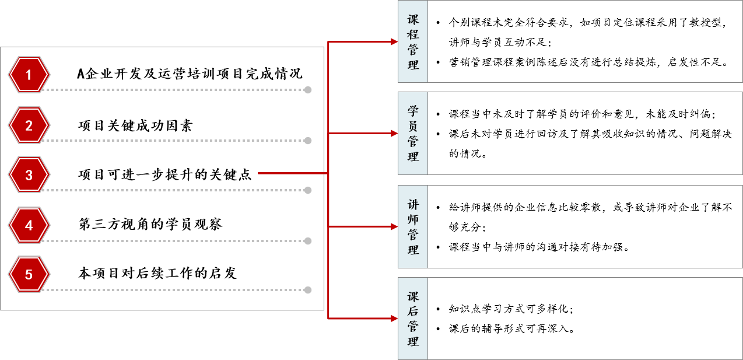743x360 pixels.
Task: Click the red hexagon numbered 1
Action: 29,75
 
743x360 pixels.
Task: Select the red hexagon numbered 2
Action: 29,125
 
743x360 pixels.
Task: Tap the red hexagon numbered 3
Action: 29,174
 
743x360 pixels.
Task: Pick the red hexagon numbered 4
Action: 29,225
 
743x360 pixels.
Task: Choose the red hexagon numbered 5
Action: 29,274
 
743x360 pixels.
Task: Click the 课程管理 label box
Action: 413,41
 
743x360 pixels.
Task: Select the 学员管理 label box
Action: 413,133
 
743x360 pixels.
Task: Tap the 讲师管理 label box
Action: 413,226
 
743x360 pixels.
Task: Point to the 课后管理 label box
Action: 413,319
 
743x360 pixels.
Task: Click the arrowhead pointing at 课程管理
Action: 394,41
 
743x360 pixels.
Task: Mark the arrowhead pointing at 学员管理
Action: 394,133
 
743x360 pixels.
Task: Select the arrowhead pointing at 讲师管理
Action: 394,226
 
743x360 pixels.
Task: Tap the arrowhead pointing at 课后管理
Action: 394,319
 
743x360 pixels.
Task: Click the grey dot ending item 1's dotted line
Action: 307,90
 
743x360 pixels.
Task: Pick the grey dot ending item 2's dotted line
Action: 307,141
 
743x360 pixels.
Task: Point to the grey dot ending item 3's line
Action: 307,190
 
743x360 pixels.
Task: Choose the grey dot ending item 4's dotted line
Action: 307,241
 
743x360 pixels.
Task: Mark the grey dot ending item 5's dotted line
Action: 307,290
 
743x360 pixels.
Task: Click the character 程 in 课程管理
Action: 413,34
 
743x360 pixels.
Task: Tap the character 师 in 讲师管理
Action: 413,219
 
